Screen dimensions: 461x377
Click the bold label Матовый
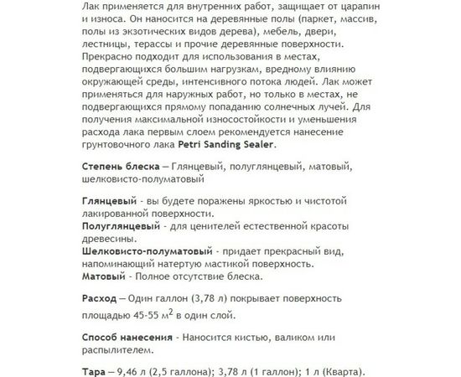point(104,275)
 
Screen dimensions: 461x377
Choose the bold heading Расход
point(103,299)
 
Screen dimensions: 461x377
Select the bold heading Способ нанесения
point(127,337)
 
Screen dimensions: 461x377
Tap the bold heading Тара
point(97,373)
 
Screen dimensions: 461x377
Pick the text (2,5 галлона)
point(200,373)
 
